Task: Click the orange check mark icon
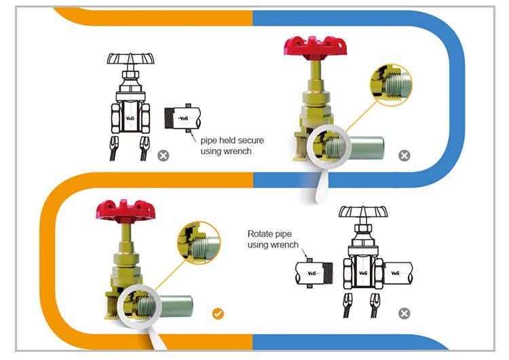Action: (218, 313)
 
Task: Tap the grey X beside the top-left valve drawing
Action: (163, 156)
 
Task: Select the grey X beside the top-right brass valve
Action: (404, 156)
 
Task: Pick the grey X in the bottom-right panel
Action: (404, 313)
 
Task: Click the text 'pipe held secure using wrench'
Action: (232, 145)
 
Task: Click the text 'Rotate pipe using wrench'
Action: (273, 239)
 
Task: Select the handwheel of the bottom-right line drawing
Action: (363, 212)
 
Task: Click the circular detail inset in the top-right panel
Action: (392, 86)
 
